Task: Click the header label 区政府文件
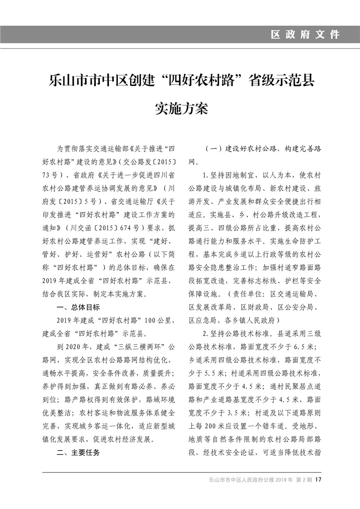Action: coord(305,34)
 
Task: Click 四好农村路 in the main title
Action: coord(202,82)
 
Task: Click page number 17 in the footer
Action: coord(318,479)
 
